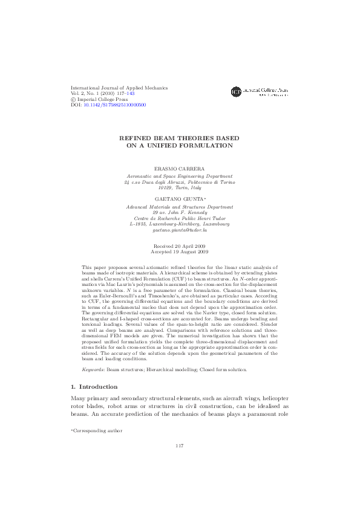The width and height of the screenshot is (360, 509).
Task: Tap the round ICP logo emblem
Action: [237, 92]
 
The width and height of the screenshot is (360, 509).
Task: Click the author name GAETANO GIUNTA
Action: [178, 198]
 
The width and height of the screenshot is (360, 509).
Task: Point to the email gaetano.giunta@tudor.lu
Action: [180, 230]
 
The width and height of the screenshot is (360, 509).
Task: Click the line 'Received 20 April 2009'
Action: [180, 247]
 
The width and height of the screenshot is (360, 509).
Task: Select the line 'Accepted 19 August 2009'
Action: [180, 252]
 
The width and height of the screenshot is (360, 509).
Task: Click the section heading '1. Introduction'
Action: [94, 386]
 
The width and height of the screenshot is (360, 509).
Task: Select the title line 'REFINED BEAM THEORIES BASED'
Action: [180, 138]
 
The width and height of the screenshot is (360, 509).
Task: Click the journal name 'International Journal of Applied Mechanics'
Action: [119, 88]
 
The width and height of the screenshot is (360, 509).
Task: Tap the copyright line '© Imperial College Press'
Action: [100, 99]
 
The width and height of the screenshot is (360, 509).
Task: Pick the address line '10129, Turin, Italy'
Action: [180, 187]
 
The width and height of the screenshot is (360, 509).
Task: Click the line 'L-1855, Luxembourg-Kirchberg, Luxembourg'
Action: [180, 224]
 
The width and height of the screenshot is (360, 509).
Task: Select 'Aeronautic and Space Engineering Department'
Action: [180, 175]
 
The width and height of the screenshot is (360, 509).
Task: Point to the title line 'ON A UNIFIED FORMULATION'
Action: [180, 146]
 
